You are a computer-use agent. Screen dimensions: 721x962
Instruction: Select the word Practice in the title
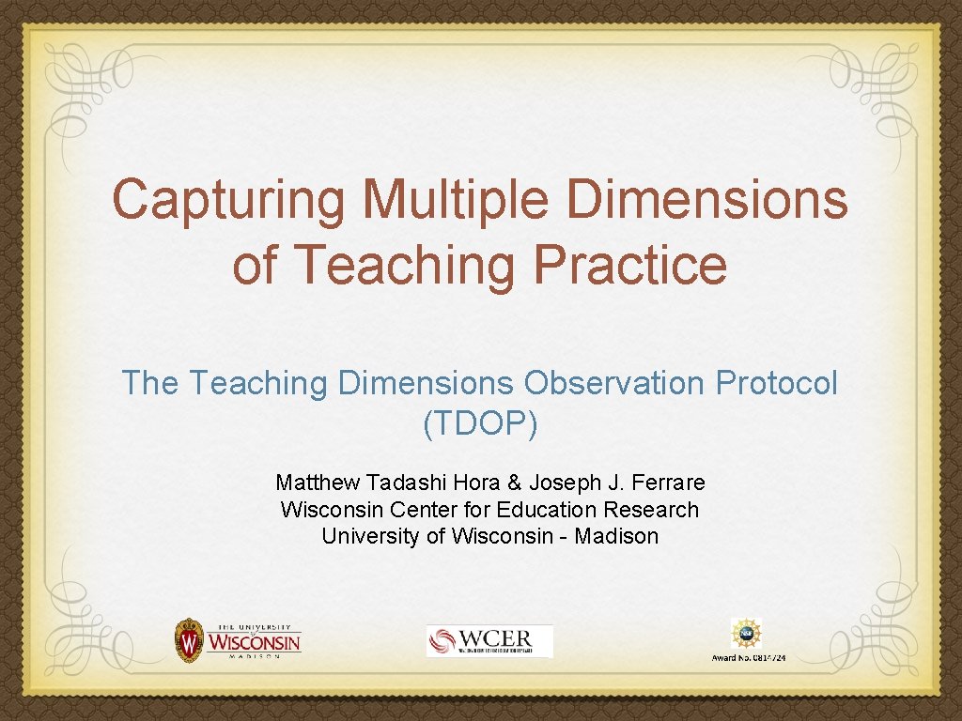pos(629,265)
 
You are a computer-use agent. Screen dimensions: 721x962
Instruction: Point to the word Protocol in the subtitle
pos(777,383)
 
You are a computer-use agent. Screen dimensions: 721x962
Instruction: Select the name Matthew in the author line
pos(317,483)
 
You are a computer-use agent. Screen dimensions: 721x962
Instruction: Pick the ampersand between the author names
pos(514,483)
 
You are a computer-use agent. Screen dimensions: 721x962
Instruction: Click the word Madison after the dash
pos(616,536)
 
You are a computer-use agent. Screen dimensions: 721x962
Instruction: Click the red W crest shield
pos(190,640)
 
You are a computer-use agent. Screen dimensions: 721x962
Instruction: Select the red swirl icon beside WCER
pos(442,641)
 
